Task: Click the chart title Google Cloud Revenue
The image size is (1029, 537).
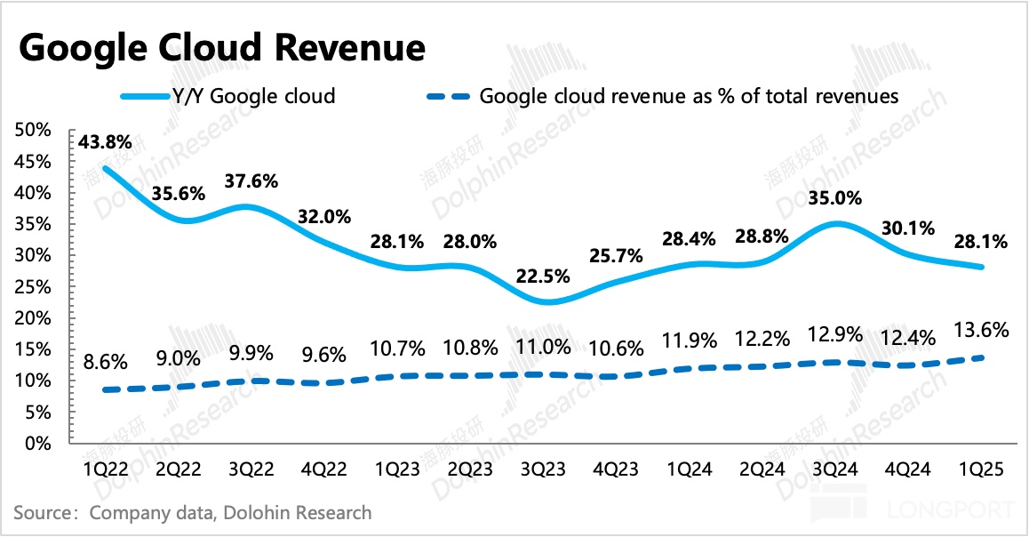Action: pos(221,47)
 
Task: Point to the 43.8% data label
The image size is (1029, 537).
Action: pos(105,142)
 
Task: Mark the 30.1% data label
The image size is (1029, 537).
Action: pos(907,228)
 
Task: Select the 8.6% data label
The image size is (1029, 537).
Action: pos(105,363)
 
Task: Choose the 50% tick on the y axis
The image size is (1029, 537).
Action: pos(34,130)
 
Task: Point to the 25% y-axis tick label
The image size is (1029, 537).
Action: pos(34,286)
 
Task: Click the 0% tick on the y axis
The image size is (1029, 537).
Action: pos(38,443)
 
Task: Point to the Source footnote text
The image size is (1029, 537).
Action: pos(193,513)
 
